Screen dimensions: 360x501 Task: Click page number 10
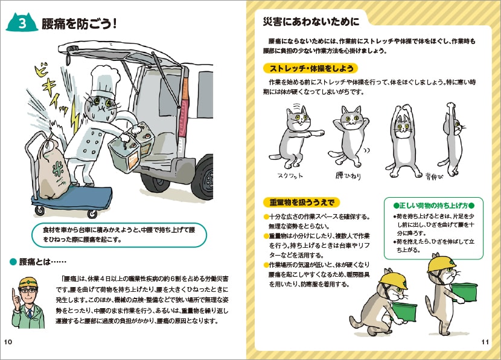pos(8,343)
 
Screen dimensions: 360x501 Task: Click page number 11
pos(485,343)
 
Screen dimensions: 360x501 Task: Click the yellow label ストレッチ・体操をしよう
pos(309,68)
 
